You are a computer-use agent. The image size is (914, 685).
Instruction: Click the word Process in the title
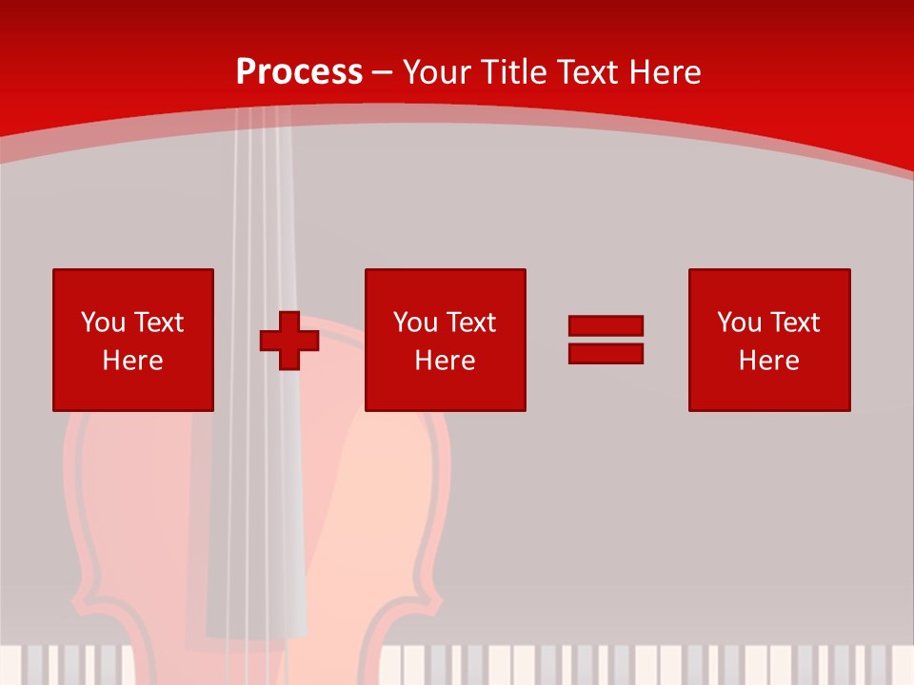click(x=299, y=72)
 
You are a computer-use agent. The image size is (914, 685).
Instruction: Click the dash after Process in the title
click(x=382, y=73)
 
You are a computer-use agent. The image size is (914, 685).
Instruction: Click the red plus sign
click(x=289, y=341)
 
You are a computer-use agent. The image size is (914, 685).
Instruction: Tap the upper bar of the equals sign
click(x=606, y=326)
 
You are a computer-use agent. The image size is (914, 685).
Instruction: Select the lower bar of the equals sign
click(x=606, y=353)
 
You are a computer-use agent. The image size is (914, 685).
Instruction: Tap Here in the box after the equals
click(x=769, y=361)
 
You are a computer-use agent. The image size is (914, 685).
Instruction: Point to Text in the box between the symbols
click(x=471, y=323)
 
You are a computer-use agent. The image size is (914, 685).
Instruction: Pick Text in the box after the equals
click(x=795, y=323)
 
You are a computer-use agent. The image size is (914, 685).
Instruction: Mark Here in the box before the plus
click(x=133, y=361)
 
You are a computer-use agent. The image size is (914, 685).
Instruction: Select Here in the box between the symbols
click(x=446, y=361)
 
